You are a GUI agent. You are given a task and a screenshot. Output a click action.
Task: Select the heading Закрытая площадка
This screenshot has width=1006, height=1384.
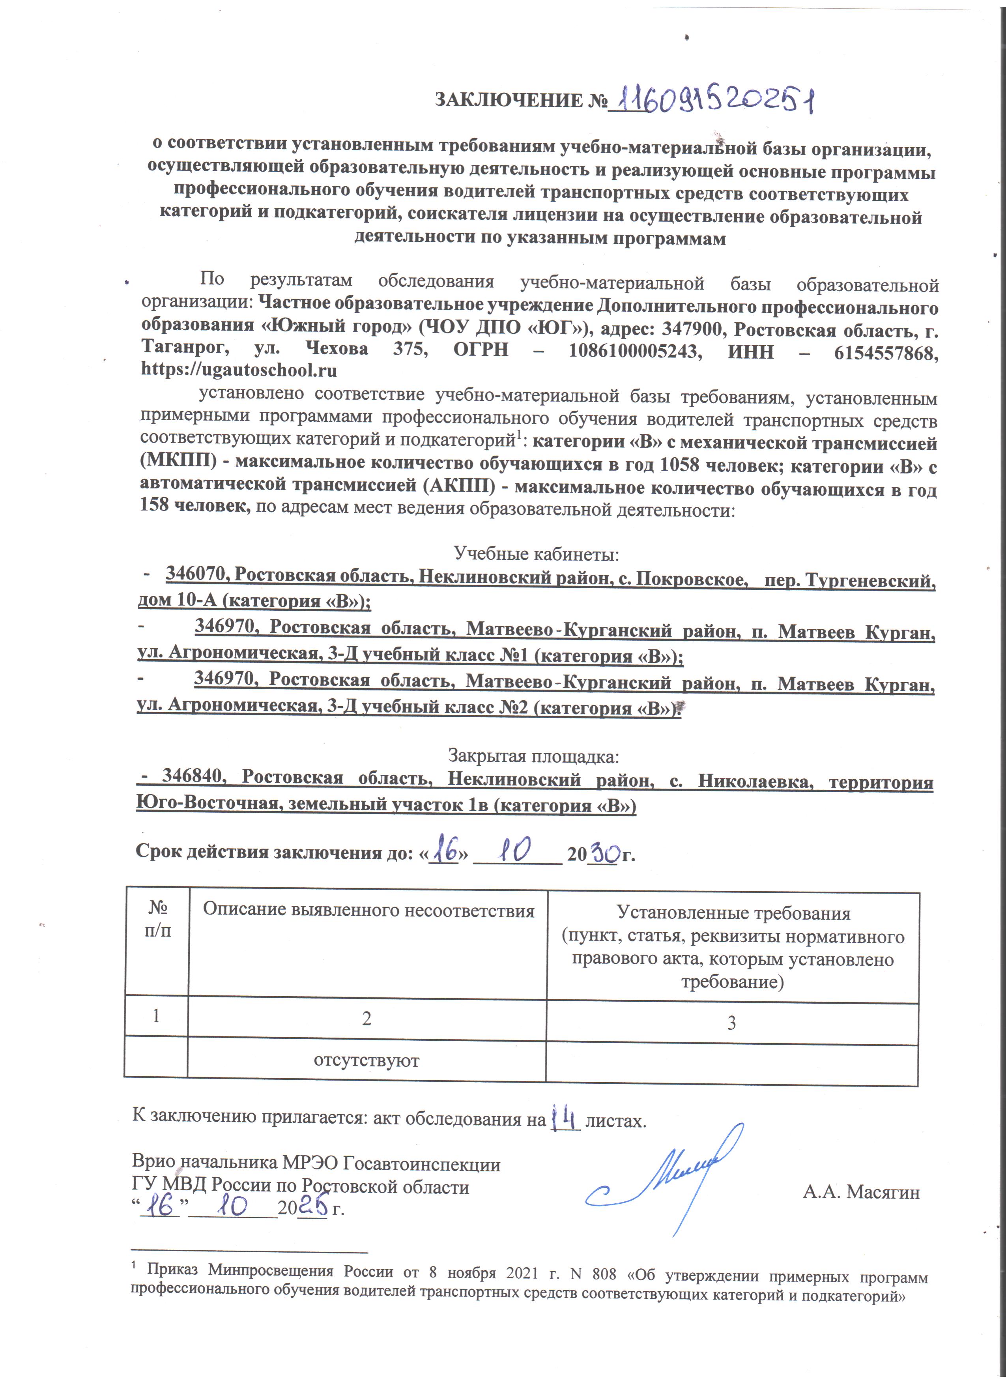click(x=533, y=756)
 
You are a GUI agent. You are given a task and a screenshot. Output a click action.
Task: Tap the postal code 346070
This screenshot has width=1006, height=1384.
click(x=197, y=574)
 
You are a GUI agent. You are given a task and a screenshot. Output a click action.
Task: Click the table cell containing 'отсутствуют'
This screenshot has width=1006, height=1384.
click(x=366, y=1060)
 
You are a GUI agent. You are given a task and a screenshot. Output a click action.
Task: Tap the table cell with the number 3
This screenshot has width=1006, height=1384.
click(x=731, y=1023)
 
